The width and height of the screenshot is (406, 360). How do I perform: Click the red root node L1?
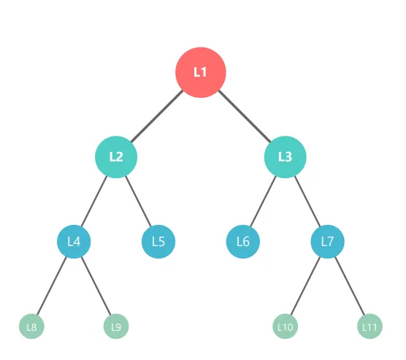[x=201, y=72]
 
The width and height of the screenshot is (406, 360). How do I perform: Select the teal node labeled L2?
[x=116, y=157]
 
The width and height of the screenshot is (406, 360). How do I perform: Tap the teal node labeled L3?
[x=285, y=157]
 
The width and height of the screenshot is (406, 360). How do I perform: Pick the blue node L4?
[x=74, y=242]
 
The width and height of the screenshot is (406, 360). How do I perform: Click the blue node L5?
[x=158, y=242]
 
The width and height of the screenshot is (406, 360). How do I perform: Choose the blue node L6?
[x=243, y=242]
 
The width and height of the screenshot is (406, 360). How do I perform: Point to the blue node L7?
[x=328, y=242]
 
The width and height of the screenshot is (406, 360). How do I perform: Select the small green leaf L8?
[x=31, y=326]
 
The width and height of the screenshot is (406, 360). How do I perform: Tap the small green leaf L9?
[x=116, y=326]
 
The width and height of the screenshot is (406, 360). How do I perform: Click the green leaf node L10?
[x=285, y=326]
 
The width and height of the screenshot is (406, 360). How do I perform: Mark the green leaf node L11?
[x=369, y=326]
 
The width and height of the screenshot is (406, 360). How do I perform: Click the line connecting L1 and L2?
[x=157, y=116]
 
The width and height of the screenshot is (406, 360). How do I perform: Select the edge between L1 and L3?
[x=245, y=116]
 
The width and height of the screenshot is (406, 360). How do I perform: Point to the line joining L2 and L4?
[x=93, y=202]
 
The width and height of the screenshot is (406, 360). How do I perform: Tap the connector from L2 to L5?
[x=138, y=202]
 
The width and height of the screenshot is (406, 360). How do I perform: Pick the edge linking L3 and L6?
[x=263, y=202]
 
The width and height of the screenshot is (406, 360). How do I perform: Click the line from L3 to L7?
[x=307, y=202]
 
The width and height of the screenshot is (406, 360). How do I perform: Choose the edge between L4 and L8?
[x=52, y=286]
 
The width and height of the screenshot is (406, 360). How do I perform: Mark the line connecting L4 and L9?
[x=96, y=286]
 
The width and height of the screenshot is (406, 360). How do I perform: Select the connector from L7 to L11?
[x=350, y=286]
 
